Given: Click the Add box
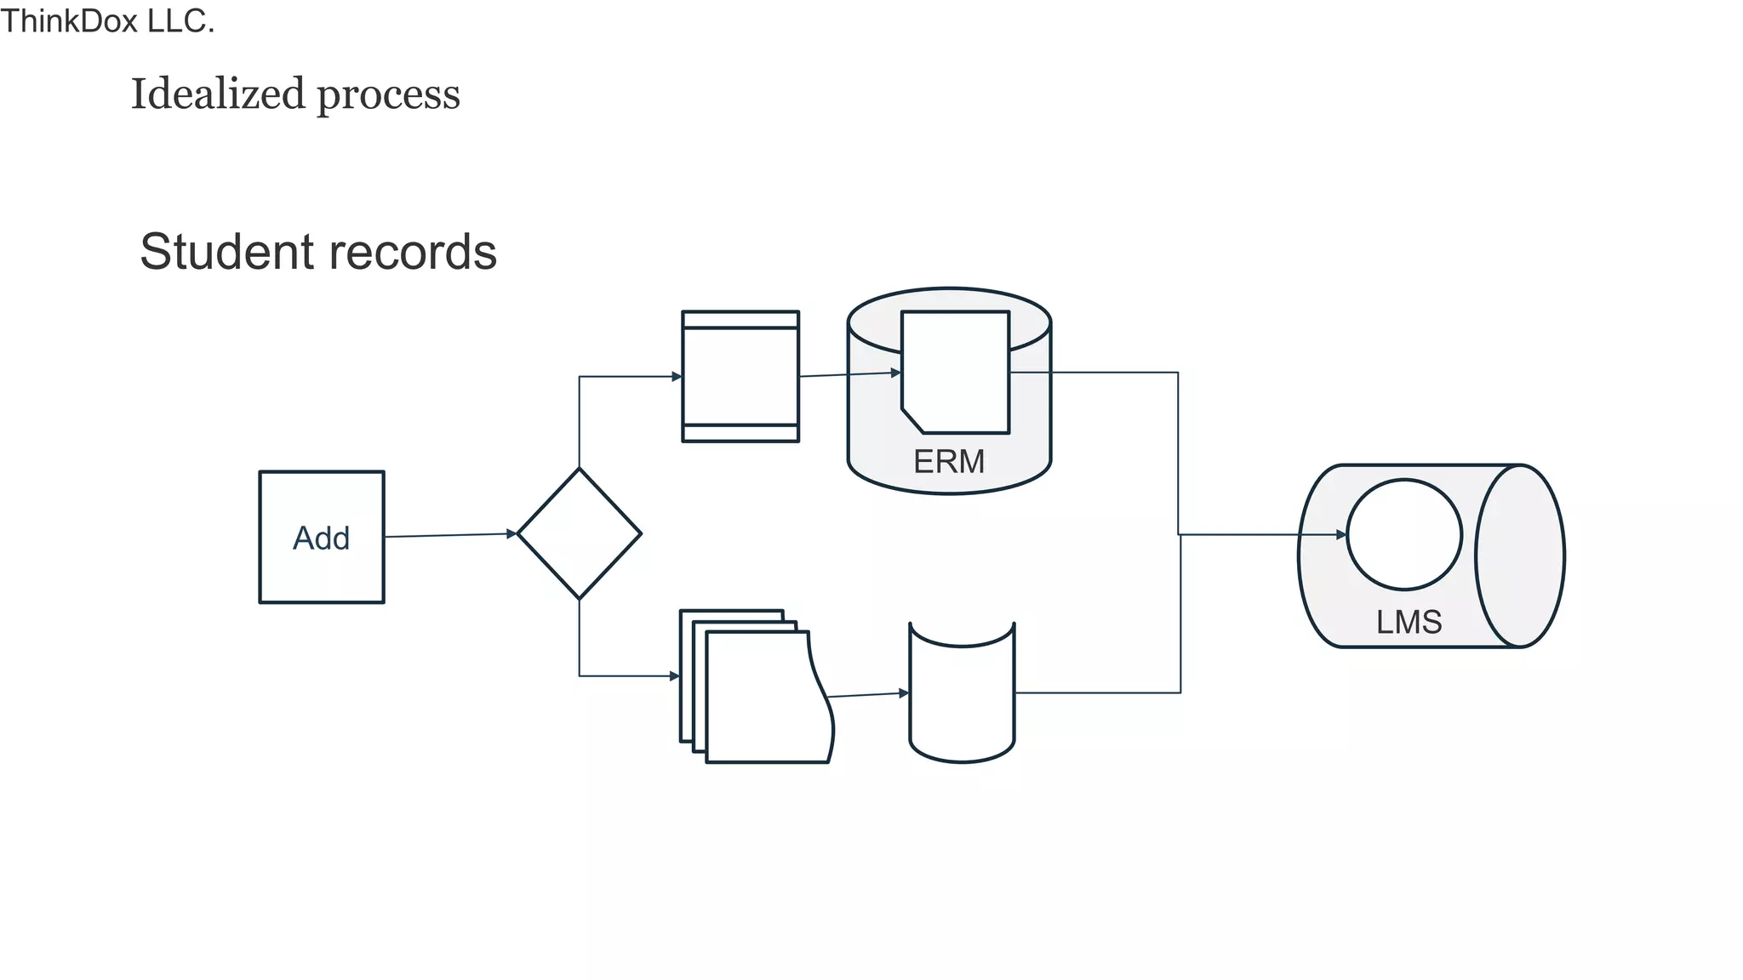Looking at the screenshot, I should (x=322, y=537).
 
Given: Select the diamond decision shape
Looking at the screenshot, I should (x=579, y=533).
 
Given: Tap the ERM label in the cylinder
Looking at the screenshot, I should (x=948, y=462).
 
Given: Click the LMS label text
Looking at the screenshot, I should (x=1409, y=622).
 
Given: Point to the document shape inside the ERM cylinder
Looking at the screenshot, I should (x=956, y=372).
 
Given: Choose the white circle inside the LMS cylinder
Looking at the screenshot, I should (x=1404, y=534).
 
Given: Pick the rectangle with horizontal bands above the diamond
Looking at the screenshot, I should (x=740, y=376).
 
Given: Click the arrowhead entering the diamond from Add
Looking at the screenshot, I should (x=512, y=533).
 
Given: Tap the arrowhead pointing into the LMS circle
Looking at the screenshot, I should (x=1341, y=534).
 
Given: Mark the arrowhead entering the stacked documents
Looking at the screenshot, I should (x=675, y=676).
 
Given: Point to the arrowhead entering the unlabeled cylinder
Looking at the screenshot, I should (x=904, y=693).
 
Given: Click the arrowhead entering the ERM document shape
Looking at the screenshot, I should (x=895, y=373).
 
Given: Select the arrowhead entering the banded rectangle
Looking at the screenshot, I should (x=677, y=376).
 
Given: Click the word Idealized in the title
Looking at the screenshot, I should (x=217, y=94).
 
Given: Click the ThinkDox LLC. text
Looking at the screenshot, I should (x=107, y=21).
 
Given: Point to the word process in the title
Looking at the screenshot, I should (x=388, y=95).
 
